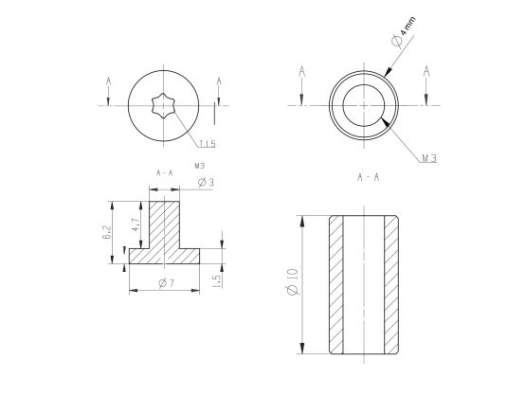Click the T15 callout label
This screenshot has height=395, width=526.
[208, 144]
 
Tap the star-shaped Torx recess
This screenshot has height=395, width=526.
[163, 106]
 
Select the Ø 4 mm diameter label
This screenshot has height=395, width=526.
[403, 31]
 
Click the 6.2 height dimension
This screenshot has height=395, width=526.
[106, 232]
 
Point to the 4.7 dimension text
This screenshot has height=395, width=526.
[136, 224]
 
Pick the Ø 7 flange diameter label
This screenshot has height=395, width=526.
[167, 283]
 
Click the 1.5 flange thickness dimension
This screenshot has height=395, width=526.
[216, 281]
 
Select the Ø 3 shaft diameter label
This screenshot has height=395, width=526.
[206, 183]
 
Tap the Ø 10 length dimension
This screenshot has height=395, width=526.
[293, 281]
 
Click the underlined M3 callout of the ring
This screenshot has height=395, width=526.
[429, 158]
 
